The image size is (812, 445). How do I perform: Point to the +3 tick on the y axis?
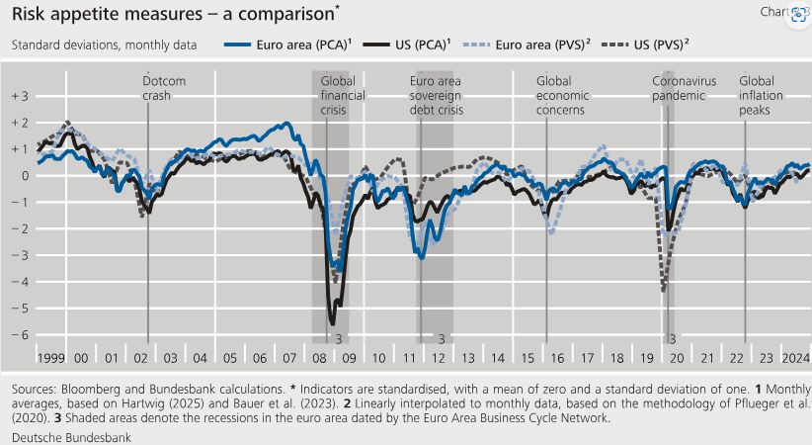(20, 96)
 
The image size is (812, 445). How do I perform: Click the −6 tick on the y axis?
(20, 334)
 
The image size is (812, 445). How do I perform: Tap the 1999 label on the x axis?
(50, 356)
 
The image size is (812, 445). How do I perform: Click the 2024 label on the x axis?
(796, 356)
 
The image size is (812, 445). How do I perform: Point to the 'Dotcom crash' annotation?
(164, 88)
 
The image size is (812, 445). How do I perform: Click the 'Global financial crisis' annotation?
(344, 96)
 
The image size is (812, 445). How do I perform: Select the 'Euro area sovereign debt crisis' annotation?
(436, 96)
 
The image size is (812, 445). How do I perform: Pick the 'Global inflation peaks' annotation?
(764, 96)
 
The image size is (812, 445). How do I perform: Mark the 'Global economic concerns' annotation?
(562, 96)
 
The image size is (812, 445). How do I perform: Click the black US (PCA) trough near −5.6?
(332, 322)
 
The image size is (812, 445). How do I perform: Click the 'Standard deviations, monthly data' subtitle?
(104, 45)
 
